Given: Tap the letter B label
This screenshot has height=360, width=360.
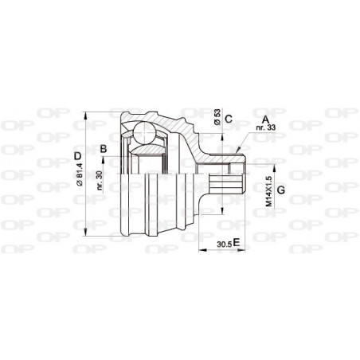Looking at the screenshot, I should pyautogui.click(x=103, y=148).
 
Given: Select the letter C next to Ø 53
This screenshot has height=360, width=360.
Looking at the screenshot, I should pyautogui.click(x=228, y=120).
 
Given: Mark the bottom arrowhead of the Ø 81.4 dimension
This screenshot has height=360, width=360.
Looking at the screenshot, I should pyautogui.click(x=86, y=237).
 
